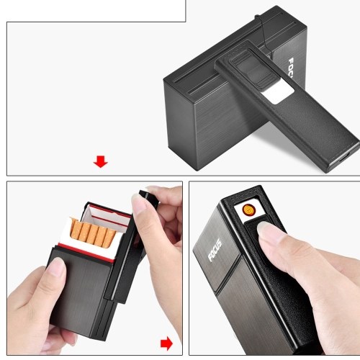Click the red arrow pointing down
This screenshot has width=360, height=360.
pos(101,161)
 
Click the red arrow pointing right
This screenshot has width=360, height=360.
pos(166,343)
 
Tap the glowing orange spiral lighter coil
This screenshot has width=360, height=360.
pos(249,210)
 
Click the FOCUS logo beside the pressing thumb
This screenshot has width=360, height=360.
pos(215,250)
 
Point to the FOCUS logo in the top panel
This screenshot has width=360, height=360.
pos(291,68)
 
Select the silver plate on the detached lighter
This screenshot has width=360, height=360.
pos(279,92)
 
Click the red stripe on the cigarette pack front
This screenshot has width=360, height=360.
pos(86,253)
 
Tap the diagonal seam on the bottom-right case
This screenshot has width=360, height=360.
pos(229,274)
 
